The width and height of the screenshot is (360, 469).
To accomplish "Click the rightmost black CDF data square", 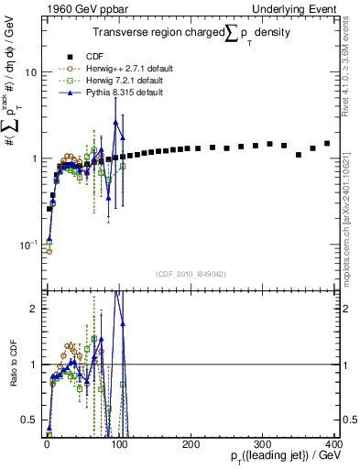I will click(327, 143).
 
